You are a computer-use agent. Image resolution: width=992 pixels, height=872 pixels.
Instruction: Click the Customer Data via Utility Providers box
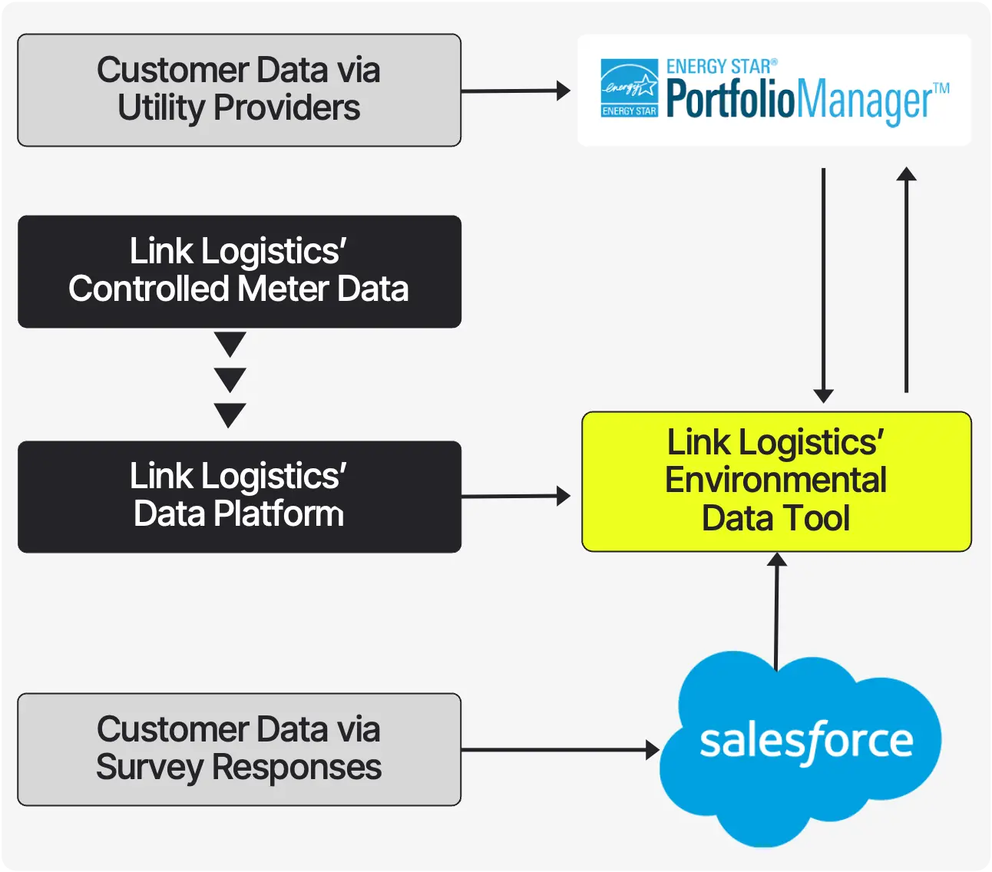[x=239, y=90]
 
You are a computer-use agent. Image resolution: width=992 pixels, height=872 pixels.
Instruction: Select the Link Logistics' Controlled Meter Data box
[x=239, y=271]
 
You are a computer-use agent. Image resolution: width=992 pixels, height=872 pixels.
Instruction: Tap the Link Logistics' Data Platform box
[x=239, y=496]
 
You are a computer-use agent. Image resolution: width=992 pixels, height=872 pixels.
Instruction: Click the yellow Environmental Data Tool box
[x=776, y=481]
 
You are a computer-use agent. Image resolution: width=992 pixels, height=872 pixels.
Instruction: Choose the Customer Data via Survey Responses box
[x=239, y=749]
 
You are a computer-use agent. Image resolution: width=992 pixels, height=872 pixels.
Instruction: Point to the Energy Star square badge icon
[x=629, y=88]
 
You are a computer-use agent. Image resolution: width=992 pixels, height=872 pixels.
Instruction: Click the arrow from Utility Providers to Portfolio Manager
[x=514, y=91]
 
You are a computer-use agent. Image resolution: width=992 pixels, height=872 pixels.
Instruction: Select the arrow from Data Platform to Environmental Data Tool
[x=514, y=497]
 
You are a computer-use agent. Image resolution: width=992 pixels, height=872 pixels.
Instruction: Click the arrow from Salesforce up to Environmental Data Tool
[x=777, y=610]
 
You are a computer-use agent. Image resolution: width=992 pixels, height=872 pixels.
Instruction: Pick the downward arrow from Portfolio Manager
[x=823, y=284]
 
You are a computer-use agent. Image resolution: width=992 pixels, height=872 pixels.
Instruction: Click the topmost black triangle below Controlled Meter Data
[x=230, y=343]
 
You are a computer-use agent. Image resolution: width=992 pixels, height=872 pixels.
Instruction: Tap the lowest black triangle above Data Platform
[x=230, y=414]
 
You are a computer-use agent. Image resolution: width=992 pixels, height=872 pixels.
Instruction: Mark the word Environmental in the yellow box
[x=776, y=481]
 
